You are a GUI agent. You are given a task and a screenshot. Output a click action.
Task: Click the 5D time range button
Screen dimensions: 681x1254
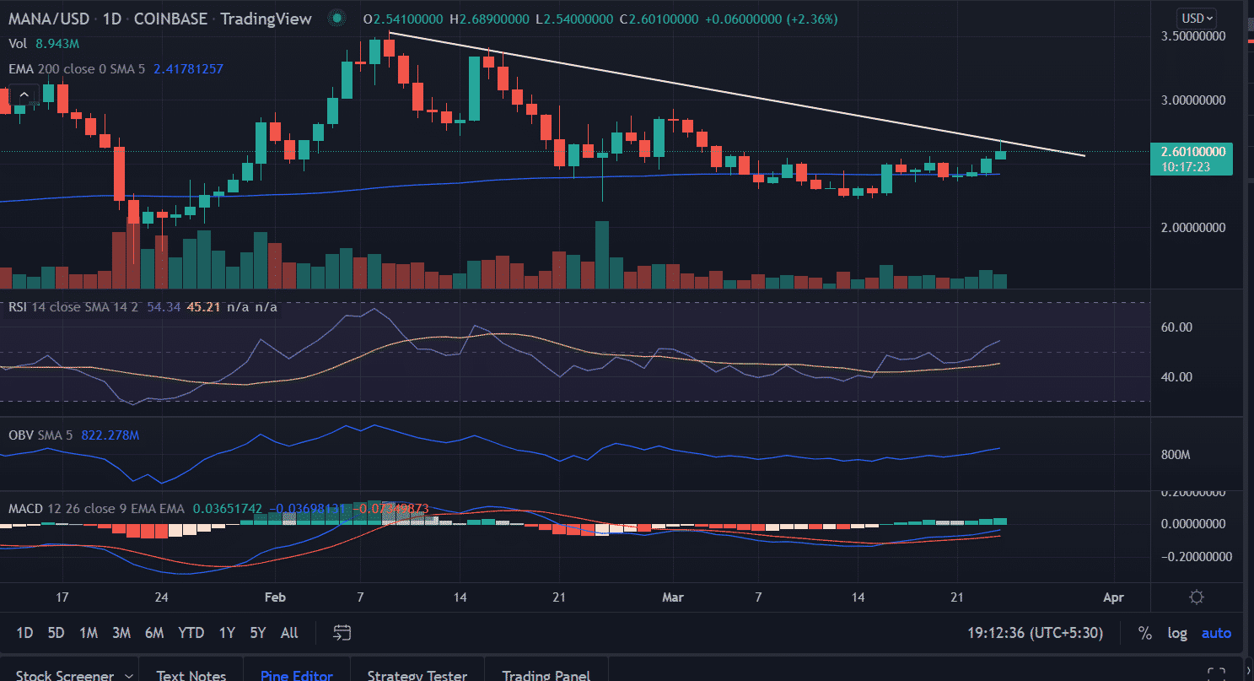tap(56, 633)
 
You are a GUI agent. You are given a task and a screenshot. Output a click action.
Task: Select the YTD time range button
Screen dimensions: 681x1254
tap(191, 633)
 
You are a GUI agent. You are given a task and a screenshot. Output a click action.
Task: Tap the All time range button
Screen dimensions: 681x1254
tap(289, 633)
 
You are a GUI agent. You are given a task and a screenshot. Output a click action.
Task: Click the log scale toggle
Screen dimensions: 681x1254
tap(1177, 633)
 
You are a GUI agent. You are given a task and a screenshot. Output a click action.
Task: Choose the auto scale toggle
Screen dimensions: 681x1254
tap(1216, 633)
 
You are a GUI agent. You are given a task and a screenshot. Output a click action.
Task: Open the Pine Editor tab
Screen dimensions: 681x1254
tap(297, 675)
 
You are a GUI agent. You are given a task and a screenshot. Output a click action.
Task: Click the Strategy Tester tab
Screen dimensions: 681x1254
tap(417, 675)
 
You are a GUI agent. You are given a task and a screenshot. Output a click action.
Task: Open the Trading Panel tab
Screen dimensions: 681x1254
tap(546, 675)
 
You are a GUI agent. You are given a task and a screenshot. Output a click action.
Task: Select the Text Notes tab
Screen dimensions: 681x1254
tap(191, 675)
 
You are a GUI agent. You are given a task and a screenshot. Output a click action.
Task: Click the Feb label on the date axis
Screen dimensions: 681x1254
tap(275, 597)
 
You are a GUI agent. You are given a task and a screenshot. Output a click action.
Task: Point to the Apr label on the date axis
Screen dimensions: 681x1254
tap(1113, 597)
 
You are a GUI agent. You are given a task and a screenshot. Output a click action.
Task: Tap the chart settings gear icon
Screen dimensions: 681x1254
tap(1196, 597)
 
